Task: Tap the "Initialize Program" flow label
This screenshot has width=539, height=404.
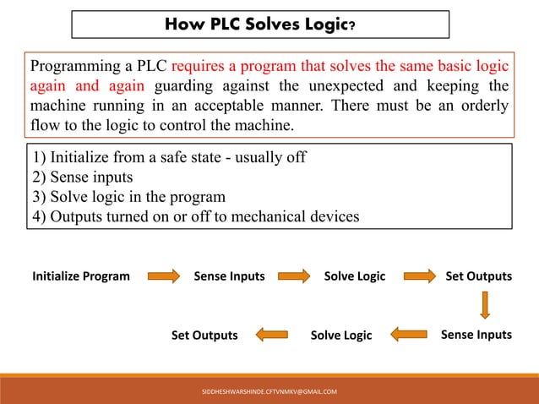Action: pyautogui.click(x=81, y=276)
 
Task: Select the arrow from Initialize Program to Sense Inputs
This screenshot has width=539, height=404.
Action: pyautogui.click(x=164, y=276)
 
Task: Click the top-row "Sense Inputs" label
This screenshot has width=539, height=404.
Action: pyautogui.click(x=229, y=276)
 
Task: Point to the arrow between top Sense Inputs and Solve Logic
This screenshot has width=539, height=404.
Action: pyautogui.click(x=295, y=276)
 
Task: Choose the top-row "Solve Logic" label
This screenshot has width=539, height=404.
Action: pyautogui.click(x=355, y=276)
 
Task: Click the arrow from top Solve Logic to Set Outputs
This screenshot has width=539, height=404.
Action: pyautogui.click(x=420, y=276)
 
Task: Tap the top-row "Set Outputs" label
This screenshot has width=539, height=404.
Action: pyautogui.click(x=478, y=276)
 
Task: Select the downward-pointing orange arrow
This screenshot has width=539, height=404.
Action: pyautogui.click(x=486, y=305)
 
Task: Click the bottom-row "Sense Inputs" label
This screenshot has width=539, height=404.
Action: pyautogui.click(x=476, y=335)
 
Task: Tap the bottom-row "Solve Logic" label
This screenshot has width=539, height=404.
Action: pyautogui.click(x=341, y=336)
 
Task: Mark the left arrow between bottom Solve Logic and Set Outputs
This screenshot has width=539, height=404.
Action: pyautogui.click(x=272, y=336)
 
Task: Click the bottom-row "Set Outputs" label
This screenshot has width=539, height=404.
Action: pyautogui.click(x=204, y=336)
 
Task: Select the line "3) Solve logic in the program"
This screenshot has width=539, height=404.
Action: pyautogui.click(x=128, y=197)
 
